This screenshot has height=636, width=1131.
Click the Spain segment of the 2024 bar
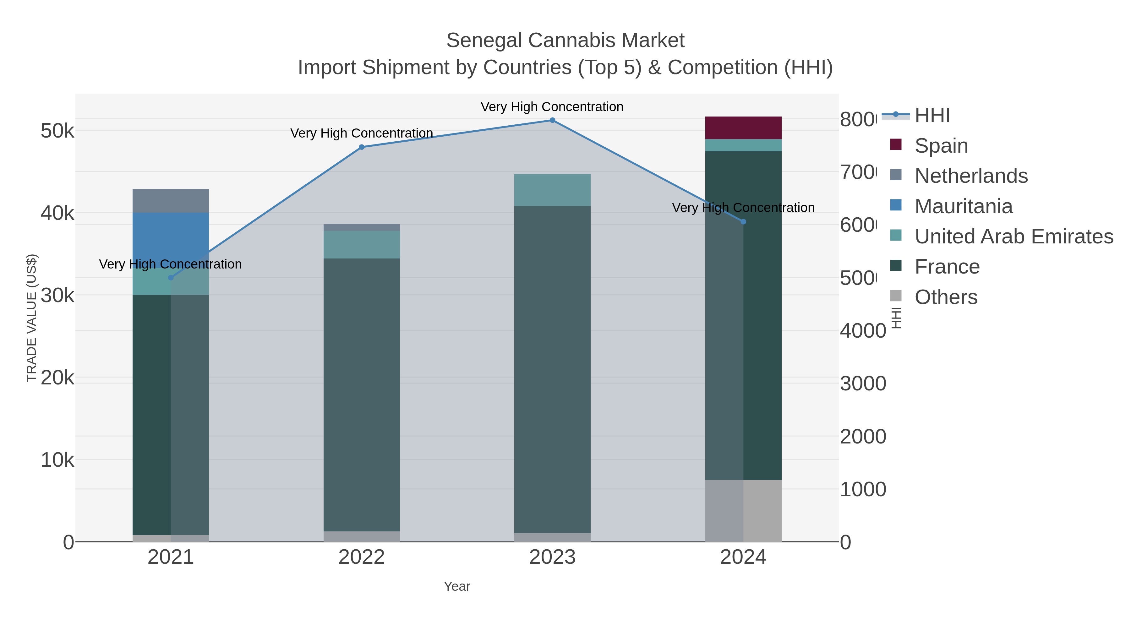tap(743, 128)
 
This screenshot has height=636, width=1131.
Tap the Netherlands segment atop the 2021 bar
tap(170, 201)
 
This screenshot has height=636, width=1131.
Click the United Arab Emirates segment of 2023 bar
tap(552, 190)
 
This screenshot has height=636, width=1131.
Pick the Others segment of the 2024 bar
tap(743, 510)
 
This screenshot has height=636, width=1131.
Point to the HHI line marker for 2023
tap(552, 120)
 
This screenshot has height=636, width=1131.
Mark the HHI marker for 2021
tap(171, 277)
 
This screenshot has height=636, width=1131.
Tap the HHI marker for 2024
tap(743, 222)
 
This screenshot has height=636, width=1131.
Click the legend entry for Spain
tap(941, 145)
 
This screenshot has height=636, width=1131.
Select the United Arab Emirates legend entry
tap(1013, 236)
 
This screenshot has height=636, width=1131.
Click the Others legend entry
tap(946, 297)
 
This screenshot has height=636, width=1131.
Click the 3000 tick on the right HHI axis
tap(863, 383)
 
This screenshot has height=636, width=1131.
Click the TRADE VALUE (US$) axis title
tap(32, 318)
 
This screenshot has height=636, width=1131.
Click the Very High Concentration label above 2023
tap(552, 107)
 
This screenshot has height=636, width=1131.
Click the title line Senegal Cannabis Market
tap(565, 41)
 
